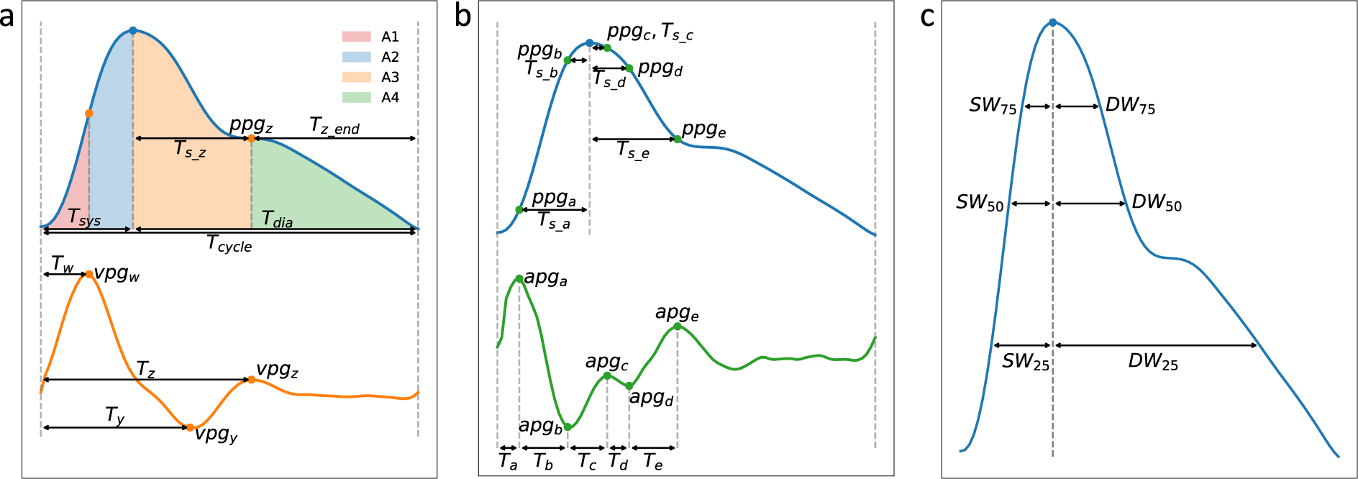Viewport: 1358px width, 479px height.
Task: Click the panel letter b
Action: click(x=462, y=17)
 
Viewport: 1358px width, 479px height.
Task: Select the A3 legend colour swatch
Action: click(x=356, y=77)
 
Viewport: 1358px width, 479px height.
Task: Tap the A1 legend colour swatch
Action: click(x=356, y=37)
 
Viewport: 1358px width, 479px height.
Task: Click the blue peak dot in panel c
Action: click(x=1052, y=23)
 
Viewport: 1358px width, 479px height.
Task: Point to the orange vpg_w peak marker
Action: click(x=89, y=274)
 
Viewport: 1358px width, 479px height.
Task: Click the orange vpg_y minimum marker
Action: click(x=190, y=427)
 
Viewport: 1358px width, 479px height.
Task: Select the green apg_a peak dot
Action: click(x=519, y=278)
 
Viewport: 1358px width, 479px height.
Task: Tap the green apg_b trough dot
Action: click(x=568, y=427)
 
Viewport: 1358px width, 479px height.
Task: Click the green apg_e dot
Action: click(x=677, y=327)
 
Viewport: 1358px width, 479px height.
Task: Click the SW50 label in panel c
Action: click(x=979, y=203)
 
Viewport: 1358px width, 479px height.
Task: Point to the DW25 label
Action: click(x=1152, y=362)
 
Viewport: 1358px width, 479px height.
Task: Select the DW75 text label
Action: click(x=1130, y=106)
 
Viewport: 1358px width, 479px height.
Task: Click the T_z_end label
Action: click(x=334, y=126)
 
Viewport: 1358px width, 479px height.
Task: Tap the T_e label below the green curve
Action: click(x=652, y=462)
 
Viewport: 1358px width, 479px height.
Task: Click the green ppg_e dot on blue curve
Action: click(x=678, y=139)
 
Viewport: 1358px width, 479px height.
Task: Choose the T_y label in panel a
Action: click(x=115, y=415)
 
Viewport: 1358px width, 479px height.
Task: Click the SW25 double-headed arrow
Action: click(x=1022, y=346)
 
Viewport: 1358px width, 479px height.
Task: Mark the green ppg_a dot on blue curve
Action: click(x=519, y=210)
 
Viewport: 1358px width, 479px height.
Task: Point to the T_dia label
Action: click(x=277, y=219)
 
